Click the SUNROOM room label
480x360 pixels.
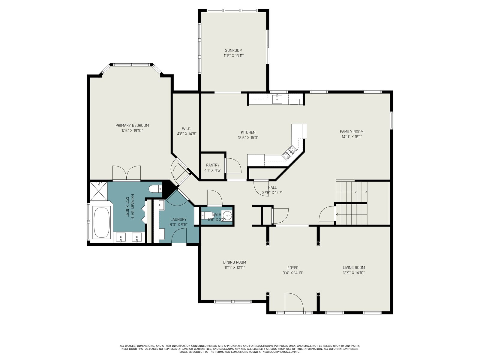point(233,50)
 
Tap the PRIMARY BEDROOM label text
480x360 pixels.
point(132,125)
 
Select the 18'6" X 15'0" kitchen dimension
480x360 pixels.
point(248,138)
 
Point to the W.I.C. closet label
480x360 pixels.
point(187,128)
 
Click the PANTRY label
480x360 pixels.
point(213,165)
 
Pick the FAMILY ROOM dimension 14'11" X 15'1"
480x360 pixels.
point(352,137)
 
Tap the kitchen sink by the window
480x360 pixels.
point(277,99)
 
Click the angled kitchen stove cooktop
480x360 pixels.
point(289,152)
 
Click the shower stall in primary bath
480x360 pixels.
point(99,191)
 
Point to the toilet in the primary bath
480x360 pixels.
point(155,188)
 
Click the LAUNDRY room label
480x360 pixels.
point(178,220)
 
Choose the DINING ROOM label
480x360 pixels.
point(234,262)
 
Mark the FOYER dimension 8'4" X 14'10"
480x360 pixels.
point(293,273)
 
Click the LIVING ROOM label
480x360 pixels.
point(354,268)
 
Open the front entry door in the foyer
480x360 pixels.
point(294,303)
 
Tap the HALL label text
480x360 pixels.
point(272,187)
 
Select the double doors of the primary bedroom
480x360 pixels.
point(126,173)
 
